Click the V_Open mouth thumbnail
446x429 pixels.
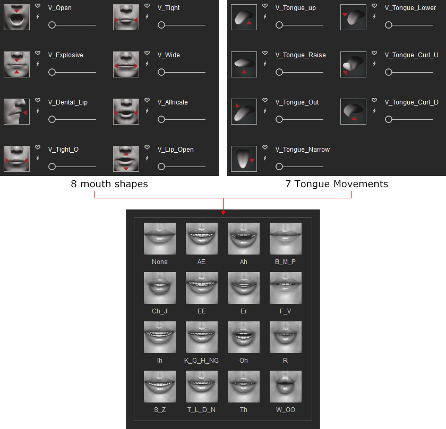coord(16,17)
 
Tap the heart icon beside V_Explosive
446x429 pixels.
coord(38,53)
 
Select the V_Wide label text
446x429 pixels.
coord(169,55)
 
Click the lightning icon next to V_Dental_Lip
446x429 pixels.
coord(38,111)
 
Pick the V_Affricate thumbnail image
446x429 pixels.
coord(126,111)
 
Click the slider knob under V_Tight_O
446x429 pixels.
coord(52,167)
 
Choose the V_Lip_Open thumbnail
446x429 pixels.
coord(126,159)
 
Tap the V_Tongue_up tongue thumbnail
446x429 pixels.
coord(244,17)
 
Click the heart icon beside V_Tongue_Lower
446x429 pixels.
coord(374,6)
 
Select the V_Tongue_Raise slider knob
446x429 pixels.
coord(279,72)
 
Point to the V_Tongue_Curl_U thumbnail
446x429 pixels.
coord(353,64)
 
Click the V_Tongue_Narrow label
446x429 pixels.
coord(302,150)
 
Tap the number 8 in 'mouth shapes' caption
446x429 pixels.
coord(74,184)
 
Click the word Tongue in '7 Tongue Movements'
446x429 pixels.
coord(312,184)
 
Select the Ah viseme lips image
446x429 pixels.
coord(244,239)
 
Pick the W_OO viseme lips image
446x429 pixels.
coord(285,387)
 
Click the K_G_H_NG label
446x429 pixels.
coord(201,361)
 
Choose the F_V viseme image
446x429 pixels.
coord(285,288)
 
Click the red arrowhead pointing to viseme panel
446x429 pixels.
coord(224,213)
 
